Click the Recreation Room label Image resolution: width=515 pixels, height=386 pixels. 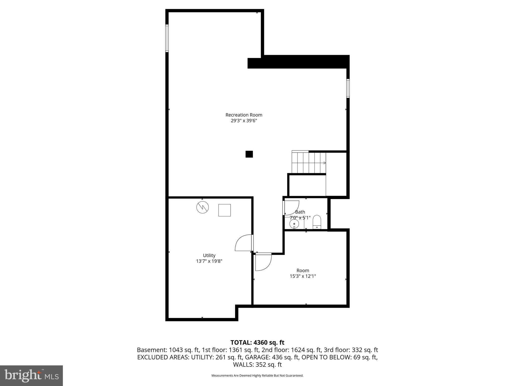click(244, 115)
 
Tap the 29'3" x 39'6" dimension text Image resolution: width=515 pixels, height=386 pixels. click(244, 121)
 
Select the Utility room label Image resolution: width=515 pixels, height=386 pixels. click(209, 255)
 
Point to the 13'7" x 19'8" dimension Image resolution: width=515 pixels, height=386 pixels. click(209, 261)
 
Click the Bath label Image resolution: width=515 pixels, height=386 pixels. click(300, 212)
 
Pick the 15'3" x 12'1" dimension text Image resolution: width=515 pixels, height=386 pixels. click(303, 276)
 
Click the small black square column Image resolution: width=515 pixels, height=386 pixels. click(249, 154)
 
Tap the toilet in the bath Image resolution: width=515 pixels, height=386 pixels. click(317, 222)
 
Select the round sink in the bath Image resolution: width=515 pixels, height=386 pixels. click(294, 223)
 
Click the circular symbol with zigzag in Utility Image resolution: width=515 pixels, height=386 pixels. click(202, 207)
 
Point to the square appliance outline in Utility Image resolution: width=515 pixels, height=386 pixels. click(225, 210)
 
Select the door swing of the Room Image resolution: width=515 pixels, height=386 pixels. click(263, 262)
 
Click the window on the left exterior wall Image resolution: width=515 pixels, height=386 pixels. click(167, 38)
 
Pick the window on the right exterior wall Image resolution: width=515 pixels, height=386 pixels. click(348, 88)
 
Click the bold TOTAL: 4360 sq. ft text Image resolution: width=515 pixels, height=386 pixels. click(257, 343)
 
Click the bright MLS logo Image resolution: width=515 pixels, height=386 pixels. click(31, 375)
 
